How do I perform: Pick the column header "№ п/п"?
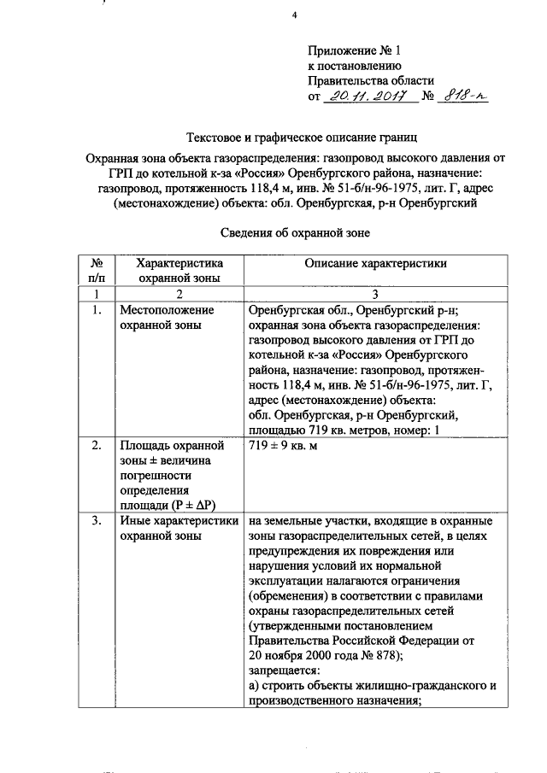point(97,271)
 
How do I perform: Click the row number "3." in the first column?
point(97,519)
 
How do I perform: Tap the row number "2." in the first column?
point(97,447)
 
